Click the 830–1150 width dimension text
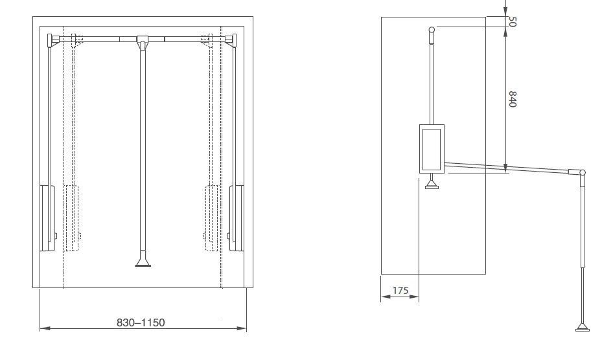(141, 322)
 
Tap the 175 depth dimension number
(400, 291)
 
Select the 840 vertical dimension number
(513, 99)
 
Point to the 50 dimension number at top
(512, 21)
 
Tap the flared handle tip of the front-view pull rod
(143, 263)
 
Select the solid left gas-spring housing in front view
(47, 218)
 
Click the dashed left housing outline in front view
(72, 218)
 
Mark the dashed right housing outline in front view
(211, 218)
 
